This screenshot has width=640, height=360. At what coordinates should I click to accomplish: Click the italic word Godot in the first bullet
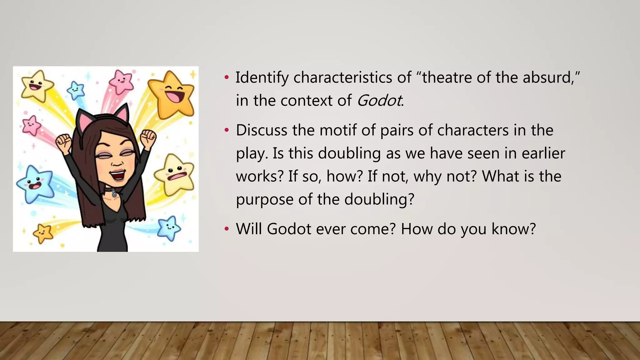coord(379,101)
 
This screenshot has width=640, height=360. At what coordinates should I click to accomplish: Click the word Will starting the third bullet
coord(249,229)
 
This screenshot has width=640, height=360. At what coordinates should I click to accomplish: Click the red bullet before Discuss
coord(227,130)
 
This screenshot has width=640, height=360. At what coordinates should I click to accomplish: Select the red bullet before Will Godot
coord(227,229)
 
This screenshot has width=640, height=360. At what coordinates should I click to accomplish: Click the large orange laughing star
coord(171,94)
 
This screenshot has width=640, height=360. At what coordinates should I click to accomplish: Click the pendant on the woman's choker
coord(114,195)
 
